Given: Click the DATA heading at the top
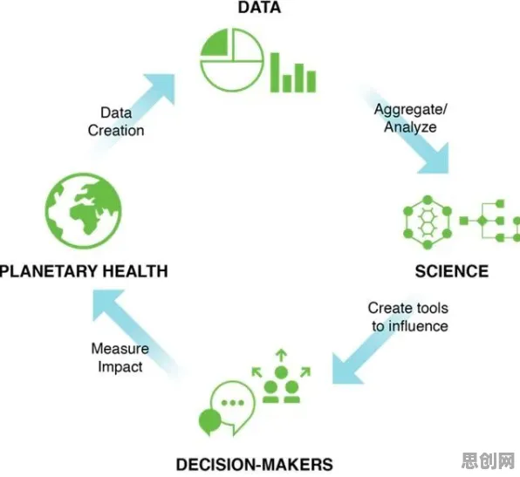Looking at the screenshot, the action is (259, 7).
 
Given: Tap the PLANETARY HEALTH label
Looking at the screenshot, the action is (84, 271).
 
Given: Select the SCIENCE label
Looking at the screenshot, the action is (452, 271).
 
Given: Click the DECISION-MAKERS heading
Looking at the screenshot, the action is (255, 465).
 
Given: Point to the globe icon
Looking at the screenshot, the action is (83, 211).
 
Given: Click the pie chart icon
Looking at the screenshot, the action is (232, 60).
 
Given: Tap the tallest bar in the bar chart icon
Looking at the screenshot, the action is (275, 72).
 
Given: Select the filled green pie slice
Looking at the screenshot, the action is (215, 43).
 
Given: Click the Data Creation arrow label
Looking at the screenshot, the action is (116, 122).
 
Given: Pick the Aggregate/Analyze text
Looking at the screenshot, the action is (411, 118).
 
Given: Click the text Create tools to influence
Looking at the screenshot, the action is (408, 317).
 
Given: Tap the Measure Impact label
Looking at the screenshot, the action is (120, 358).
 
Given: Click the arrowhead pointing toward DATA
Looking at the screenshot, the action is (161, 87).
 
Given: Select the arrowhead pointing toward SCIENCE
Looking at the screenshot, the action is (435, 160).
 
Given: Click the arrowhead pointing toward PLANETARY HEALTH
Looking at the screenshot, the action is (106, 303).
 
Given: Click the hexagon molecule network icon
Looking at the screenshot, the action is (428, 222).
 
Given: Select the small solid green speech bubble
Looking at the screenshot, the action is (209, 421).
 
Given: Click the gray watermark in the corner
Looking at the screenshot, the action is (488, 460).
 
